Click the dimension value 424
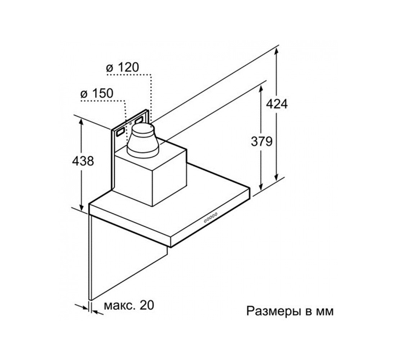pos(277,104)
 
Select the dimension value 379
pos(262,141)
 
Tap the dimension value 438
pos(83,161)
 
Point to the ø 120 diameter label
pos(123,67)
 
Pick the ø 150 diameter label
pos(97,94)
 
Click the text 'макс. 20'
pos(129,305)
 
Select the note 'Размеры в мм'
pos(290,311)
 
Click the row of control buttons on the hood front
pos(211,217)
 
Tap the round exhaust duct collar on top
pos(143,140)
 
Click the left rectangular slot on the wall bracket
pos(120,132)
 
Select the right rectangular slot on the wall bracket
pos(139,121)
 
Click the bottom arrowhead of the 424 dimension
pos(277,177)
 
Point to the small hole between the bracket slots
pos(130,124)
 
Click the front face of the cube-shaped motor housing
pos(134,181)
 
